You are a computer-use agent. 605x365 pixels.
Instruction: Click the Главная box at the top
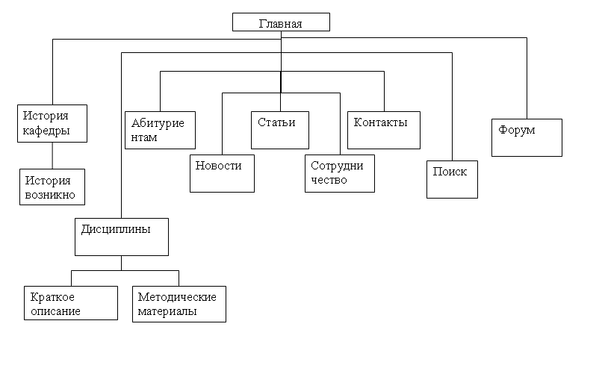[x=281, y=22]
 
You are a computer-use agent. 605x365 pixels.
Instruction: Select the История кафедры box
[x=52, y=123]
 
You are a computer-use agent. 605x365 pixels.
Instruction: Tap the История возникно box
[x=52, y=187]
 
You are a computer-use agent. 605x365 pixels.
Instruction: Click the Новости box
[x=222, y=173]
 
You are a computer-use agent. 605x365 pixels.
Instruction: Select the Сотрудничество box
[x=340, y=173]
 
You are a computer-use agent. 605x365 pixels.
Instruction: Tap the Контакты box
[x=384, y=130]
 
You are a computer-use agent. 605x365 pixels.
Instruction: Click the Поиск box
[x=452, y=179]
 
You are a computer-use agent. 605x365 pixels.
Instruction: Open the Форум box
[x=527, y=137]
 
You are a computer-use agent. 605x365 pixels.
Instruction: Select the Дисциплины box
[x=121, y=237]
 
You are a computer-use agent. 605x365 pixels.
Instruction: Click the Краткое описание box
[x=70, y=303]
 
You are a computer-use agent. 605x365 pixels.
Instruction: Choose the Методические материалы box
[x=179, y=304]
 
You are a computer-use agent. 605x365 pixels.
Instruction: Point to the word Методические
[x=177, y=297]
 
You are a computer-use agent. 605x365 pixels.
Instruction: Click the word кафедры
[x=46, y=131]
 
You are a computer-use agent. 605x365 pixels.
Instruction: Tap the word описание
[x=55, y=311]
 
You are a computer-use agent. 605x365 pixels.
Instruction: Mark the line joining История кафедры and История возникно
[x=52, y=155]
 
